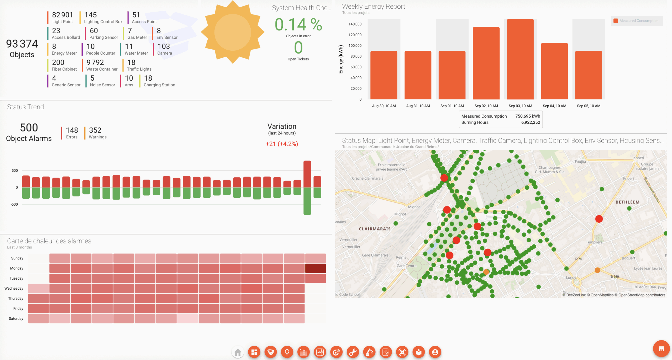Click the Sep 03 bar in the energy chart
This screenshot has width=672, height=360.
pyautogui.click(x=520, y=59)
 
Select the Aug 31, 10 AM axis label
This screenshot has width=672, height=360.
pyautogui.click(x=418, y=106)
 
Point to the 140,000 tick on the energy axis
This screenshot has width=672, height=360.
pyautogui.click(x=355, y=24)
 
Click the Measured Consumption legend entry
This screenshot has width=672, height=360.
pyautogui.click(x=637, y=21)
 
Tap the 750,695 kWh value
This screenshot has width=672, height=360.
pyautogui.click(x=527, y=116)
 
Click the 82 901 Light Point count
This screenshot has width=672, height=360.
pyautogui.click(x=62, y=15)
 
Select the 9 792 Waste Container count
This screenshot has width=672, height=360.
pyautogui.click(x=95, y=62)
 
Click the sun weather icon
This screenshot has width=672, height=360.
pyautogui.click(x=233, y=32)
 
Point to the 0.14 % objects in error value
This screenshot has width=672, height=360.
pyautogui.click(x=298, y=25)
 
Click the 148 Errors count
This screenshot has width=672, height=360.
pyautogui.click(x=72, y=130)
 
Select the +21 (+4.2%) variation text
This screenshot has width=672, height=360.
pyautogui.click(x=282, y=144)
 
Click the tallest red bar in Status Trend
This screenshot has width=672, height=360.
pyautogui.click(x=307, y=174)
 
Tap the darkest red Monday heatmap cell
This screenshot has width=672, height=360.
pyautogui.click(x=315, y=268)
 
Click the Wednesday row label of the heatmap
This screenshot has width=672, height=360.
pyautogui.click(x=14, y=288)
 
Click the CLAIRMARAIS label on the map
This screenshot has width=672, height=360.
pyautogui.click(x=375, y=229)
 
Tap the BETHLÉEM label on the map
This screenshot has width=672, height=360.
pyautogui.click(x=627, y=202)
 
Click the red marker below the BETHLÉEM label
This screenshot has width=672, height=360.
pyautogui.click(x=599, y=219)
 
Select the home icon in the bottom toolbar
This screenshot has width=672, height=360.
pyautogui.click(x=238, y=352)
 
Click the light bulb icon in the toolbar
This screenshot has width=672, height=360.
pyautogui.click(x=287, y=352)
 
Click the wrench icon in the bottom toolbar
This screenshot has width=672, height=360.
pyautogui.click(x=353, y=352)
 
